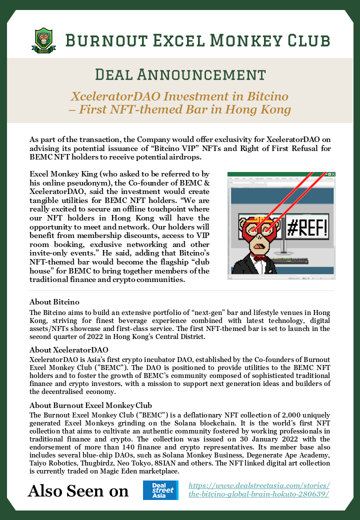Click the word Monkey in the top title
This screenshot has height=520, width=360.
point(238,40)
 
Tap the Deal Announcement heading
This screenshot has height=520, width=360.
point(180,74)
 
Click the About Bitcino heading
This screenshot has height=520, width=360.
point(54,302)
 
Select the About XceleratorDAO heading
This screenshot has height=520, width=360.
point(69,349)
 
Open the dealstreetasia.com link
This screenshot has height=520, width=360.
point(259,490)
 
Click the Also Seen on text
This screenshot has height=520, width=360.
point(78,490)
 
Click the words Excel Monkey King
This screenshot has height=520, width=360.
point(62,173)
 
